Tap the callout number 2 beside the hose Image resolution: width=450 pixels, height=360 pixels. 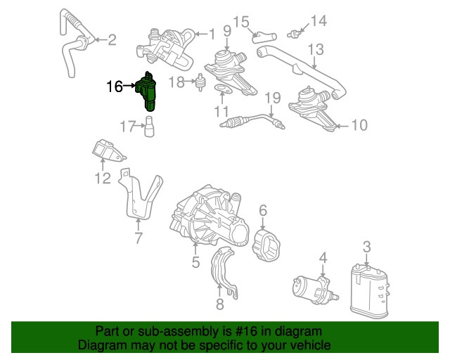[x=112, y=40]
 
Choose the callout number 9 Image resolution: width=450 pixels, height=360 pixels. [x=227, y=30]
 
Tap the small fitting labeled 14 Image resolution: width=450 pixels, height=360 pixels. [x=299, y=32]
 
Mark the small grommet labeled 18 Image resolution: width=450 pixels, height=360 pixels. [x=199, y=84]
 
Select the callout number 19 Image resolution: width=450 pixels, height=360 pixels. [x=273, y=97]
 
